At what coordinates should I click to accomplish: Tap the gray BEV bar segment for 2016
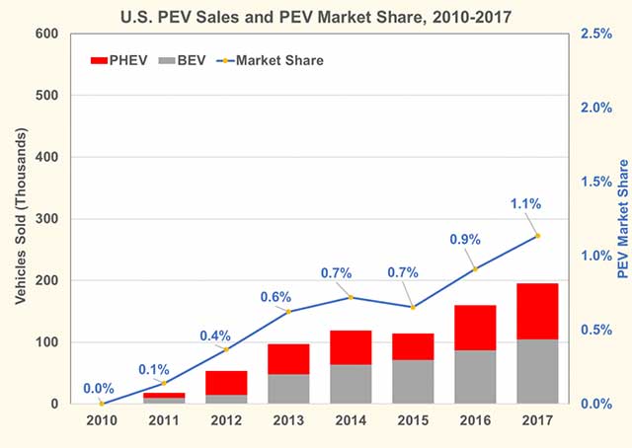(x=475, y=377)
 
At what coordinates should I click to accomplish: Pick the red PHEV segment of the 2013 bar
(x=288, y=359)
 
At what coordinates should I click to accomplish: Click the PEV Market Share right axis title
(x=622, y=219)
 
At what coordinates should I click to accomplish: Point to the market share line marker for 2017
(x=537, y=236)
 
